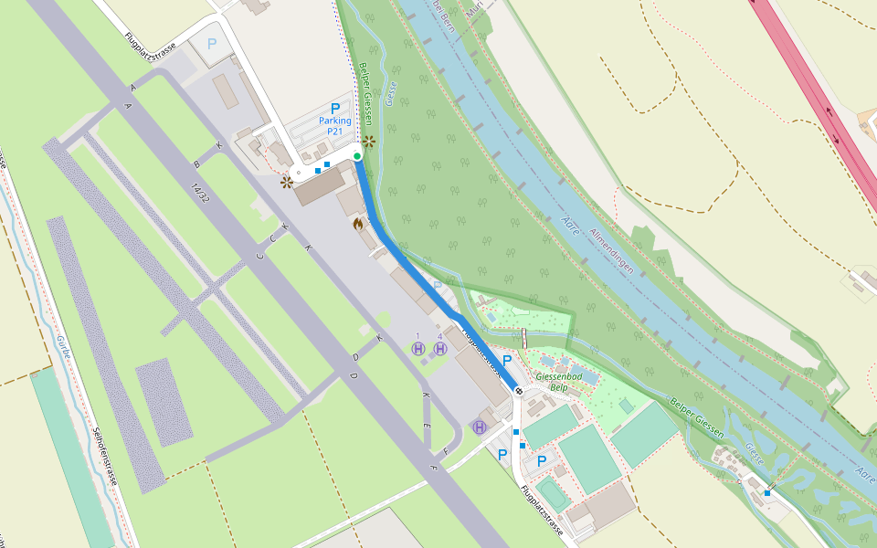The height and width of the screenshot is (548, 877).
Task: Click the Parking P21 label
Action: [335, 125]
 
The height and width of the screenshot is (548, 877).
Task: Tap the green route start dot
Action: [357, 156]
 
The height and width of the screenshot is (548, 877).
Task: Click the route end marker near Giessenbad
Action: [519, 391]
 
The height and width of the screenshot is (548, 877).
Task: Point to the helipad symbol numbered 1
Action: [418, 349]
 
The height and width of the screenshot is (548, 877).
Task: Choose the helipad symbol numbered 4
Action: [440, 349]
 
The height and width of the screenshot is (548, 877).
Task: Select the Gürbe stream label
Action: [64, 350]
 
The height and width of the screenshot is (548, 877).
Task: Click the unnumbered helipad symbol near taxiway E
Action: [480, 427]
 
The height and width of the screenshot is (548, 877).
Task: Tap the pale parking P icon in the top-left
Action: [212, 43]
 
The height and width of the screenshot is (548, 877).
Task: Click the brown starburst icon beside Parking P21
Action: [369, 141]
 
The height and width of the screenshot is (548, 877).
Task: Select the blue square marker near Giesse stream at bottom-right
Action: [767, 493]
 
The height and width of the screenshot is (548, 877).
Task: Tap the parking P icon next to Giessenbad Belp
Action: [507, 361]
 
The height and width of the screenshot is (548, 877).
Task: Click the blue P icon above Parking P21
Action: [335, 108]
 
